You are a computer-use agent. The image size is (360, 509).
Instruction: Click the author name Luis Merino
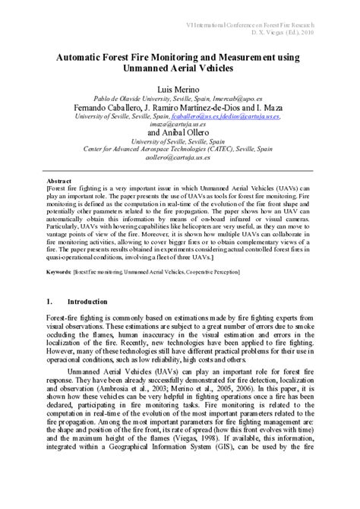179,88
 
